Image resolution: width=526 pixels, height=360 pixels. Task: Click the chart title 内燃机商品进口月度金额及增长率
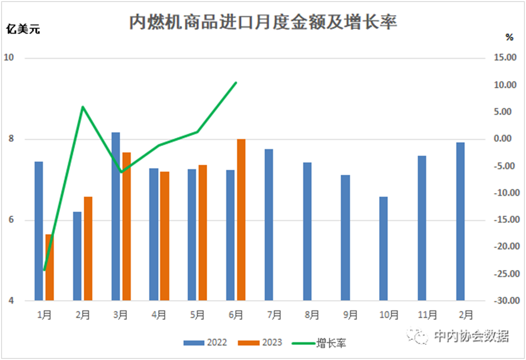click(263, 22)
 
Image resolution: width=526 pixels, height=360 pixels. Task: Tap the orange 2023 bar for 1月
click(49, 267)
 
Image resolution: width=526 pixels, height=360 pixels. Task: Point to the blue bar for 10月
click(383, 249)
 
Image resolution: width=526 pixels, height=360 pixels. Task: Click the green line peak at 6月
click(236, 83)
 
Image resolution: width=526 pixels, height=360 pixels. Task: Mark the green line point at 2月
click(83, 107)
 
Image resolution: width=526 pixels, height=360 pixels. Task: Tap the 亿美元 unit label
click(23, 30)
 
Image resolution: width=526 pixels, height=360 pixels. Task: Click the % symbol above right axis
click(509, 37)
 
